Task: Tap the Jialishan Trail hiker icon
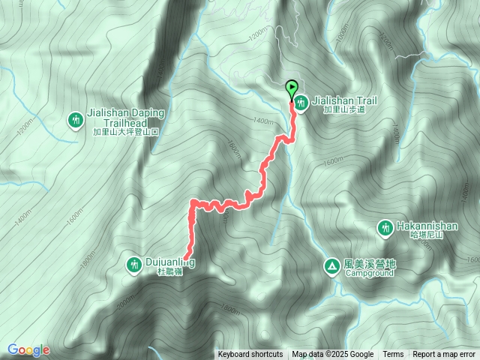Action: click(301, 103)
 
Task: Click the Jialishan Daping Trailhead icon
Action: click(75, 119)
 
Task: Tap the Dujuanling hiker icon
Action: click(133, 264)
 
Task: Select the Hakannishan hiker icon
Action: click(385, 226)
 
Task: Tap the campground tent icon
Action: click(331, 265)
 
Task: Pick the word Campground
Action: click(369, 273)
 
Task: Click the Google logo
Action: click(28, 349)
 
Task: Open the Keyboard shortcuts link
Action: click(250, 355)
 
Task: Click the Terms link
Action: click(393, 355)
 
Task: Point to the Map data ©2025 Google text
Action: click(333, 355)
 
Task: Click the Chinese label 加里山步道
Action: click(344, 109)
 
